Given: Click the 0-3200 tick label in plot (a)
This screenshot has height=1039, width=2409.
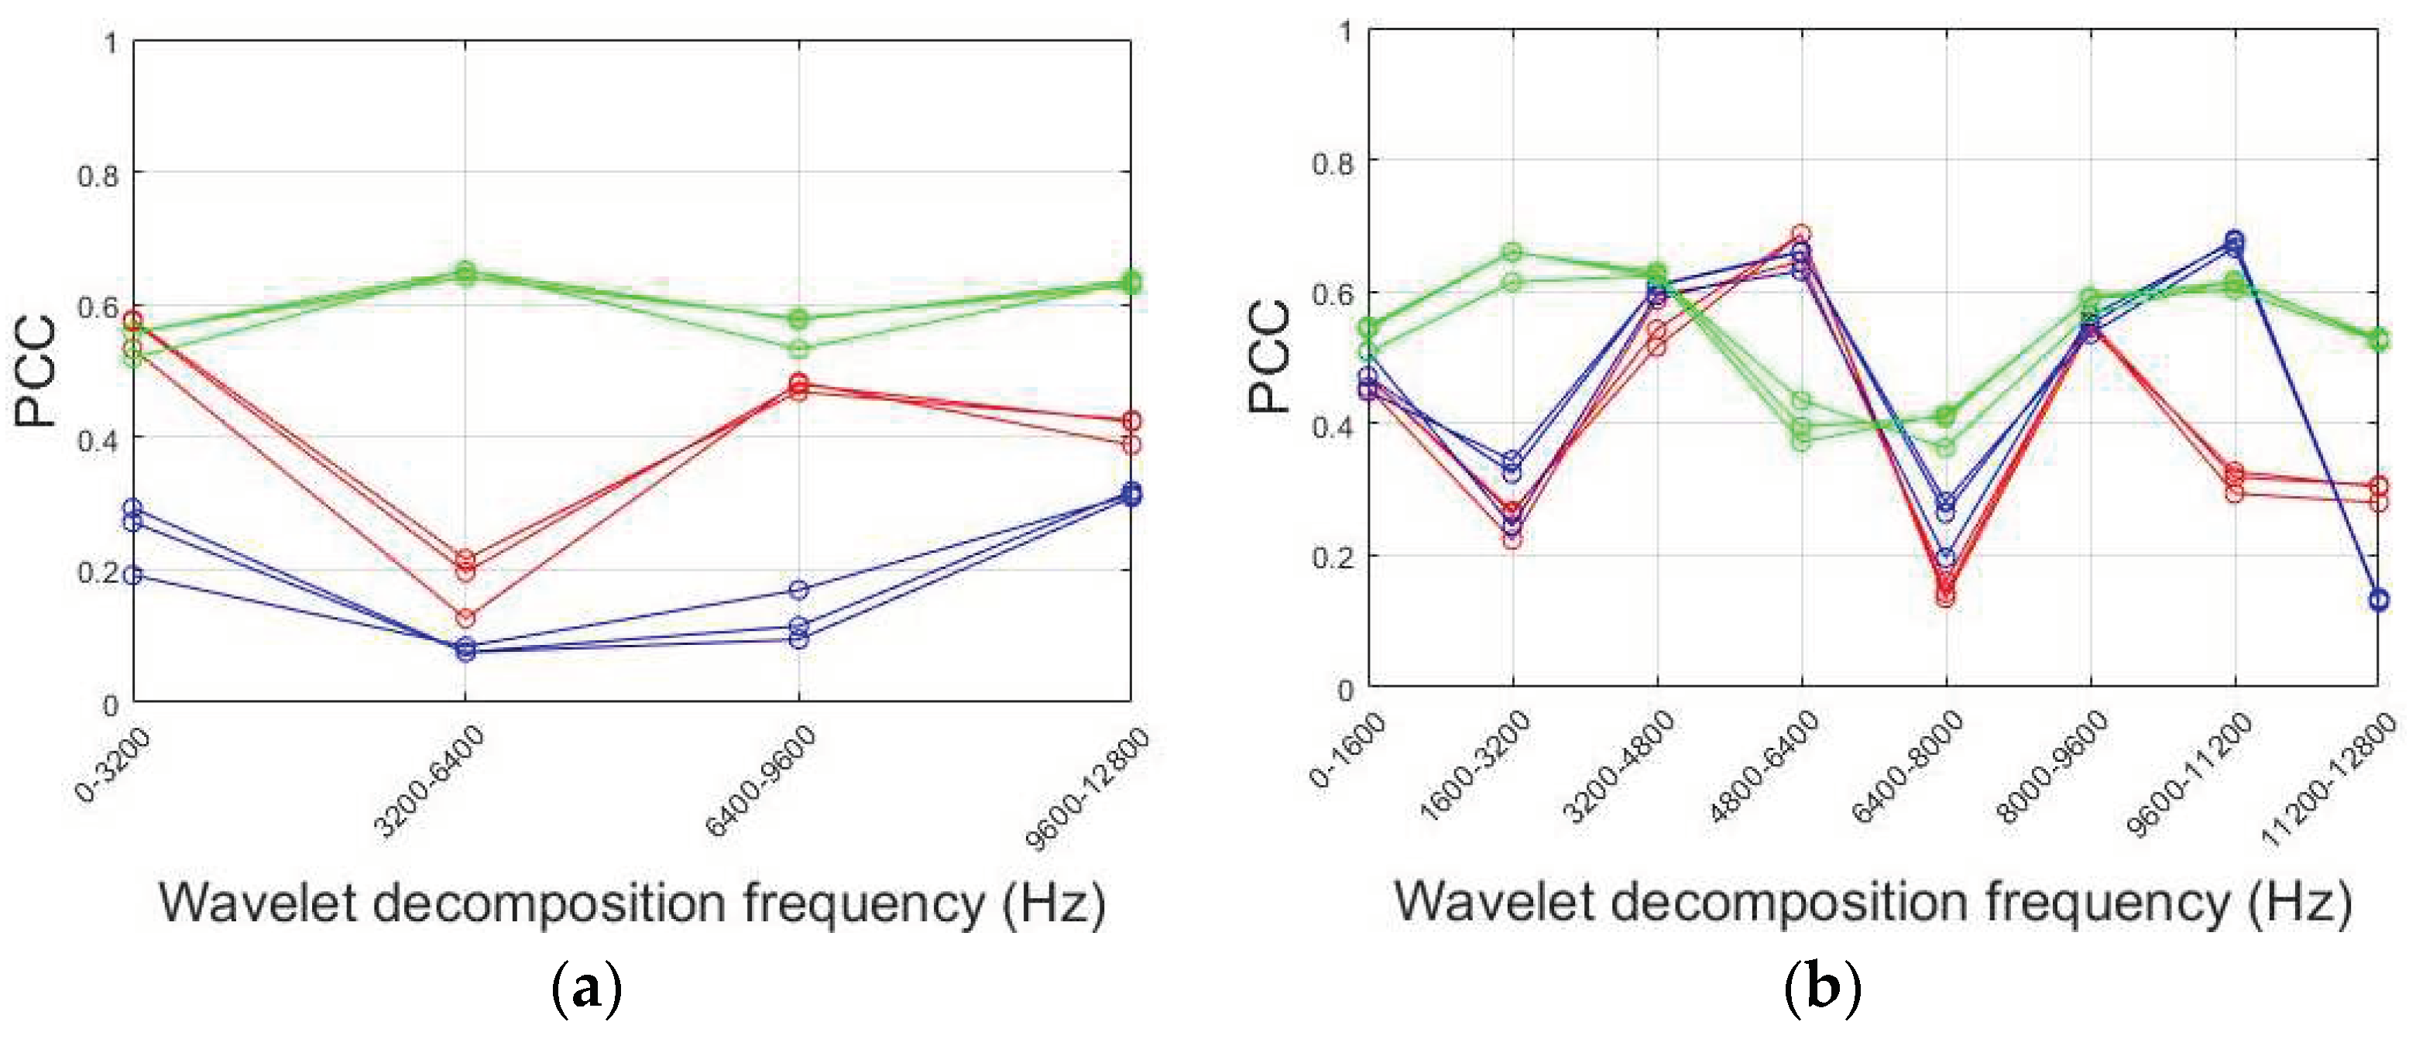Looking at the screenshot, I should [113, 764].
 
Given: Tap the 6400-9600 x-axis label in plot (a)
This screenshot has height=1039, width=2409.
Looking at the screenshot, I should [760, 781].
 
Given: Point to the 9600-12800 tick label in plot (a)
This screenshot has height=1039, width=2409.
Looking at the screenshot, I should [1088, 790].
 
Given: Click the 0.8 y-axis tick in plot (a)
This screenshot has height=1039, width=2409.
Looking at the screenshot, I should [98, 175].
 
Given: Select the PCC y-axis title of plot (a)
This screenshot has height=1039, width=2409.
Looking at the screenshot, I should [36, 372].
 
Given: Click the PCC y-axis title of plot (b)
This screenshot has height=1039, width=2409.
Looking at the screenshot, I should [1270, 357].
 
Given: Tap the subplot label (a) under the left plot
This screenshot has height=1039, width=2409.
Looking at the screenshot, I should [586, 989].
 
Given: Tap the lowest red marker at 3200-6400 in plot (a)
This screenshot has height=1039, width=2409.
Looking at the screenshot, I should [465, 617].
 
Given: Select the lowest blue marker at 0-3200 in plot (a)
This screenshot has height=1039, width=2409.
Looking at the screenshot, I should [134, 575].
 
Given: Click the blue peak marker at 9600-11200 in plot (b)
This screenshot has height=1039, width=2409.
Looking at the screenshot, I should [2234, 240].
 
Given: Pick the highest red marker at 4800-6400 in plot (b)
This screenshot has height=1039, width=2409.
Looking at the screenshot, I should [1801, 233].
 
